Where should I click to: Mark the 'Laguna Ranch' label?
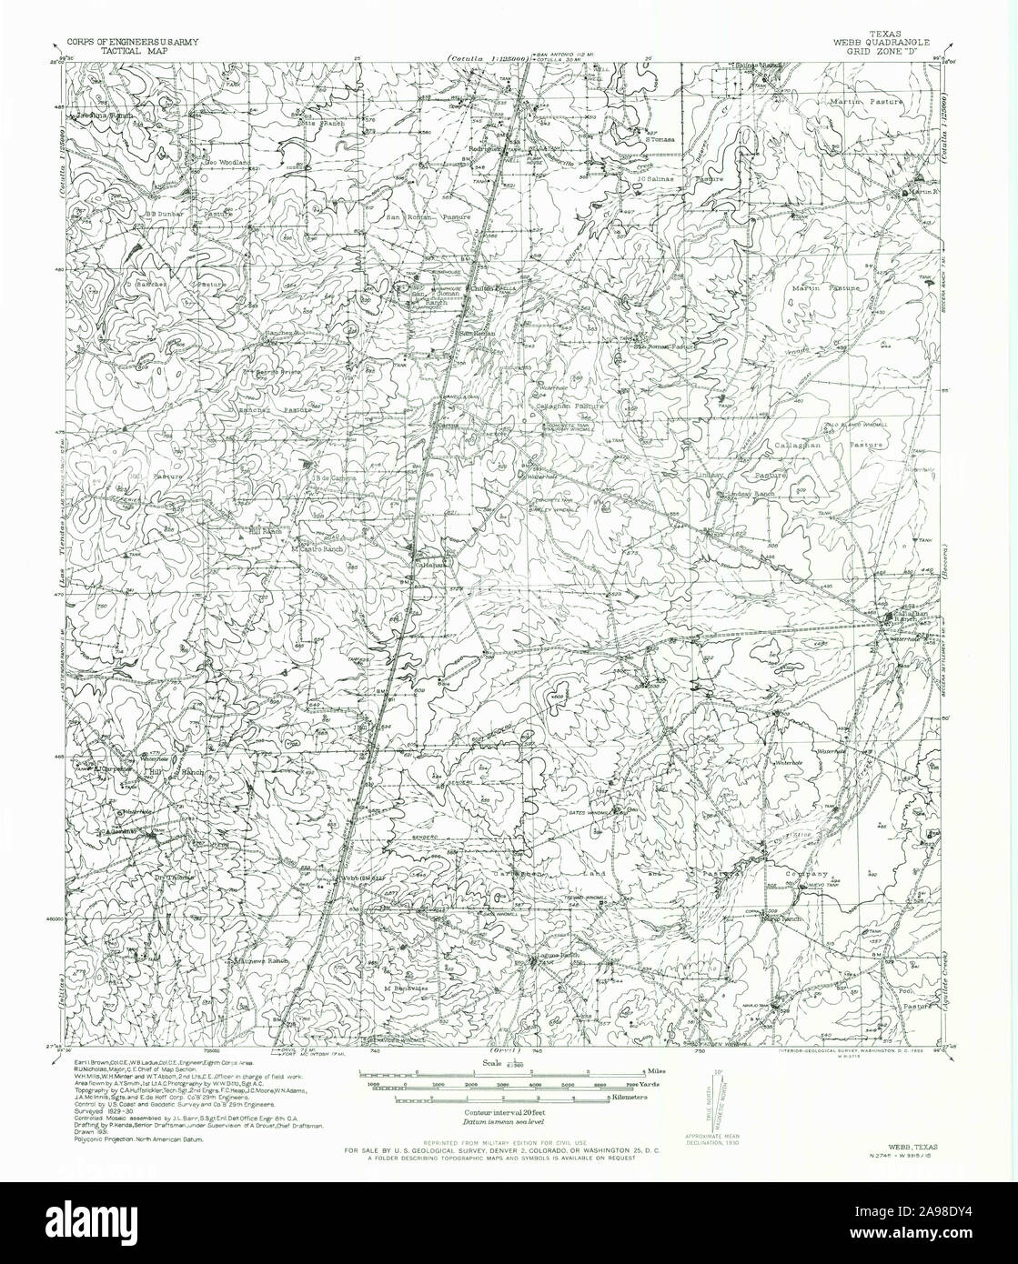tap(556, 956)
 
